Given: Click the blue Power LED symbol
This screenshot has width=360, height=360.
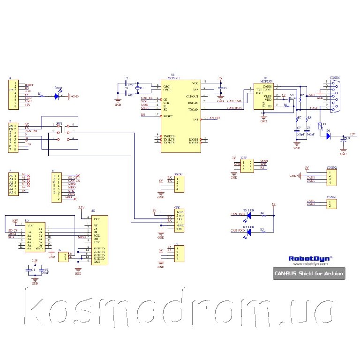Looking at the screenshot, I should (x=57, y=96).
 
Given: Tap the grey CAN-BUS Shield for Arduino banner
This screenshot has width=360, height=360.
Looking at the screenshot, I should (x=309, y=273).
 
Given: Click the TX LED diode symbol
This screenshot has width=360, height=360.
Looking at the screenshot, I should (x=248, y=216).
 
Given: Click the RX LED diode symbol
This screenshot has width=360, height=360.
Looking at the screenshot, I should (x=248, y=232).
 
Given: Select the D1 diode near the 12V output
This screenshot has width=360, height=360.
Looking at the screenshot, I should (x=328, y=136).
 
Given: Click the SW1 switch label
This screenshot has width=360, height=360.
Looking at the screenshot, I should (x=59, y=124).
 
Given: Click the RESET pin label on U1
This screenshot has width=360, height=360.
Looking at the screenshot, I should (x=167, y=116).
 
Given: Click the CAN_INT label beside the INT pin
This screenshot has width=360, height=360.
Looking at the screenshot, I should (x=213, y=118).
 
